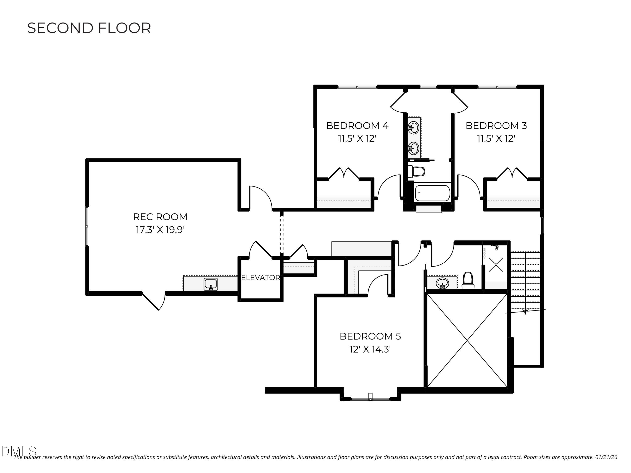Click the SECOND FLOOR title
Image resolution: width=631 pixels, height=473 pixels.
click(89, 28)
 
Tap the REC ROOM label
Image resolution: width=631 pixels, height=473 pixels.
click(160, 217)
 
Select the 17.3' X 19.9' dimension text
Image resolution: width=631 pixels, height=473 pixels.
click(160, 230)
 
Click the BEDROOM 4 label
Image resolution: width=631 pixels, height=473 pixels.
click(357, 126)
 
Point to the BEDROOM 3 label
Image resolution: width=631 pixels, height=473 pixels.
click(496, 126)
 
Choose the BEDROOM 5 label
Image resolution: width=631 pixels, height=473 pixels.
click(370, 336)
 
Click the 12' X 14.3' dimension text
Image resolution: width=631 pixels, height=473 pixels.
click(370, 349)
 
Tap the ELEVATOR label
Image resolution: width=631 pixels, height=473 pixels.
click(260, 278)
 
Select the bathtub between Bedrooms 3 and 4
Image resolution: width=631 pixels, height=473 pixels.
click(432, 193)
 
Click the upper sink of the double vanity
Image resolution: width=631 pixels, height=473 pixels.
click(414, 127)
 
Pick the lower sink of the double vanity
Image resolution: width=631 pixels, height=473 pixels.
click(414, 148)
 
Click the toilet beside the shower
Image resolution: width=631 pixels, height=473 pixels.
click(468, 281)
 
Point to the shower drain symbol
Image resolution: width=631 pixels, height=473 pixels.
click(496, 265)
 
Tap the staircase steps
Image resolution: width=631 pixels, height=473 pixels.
click(525, 279)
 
